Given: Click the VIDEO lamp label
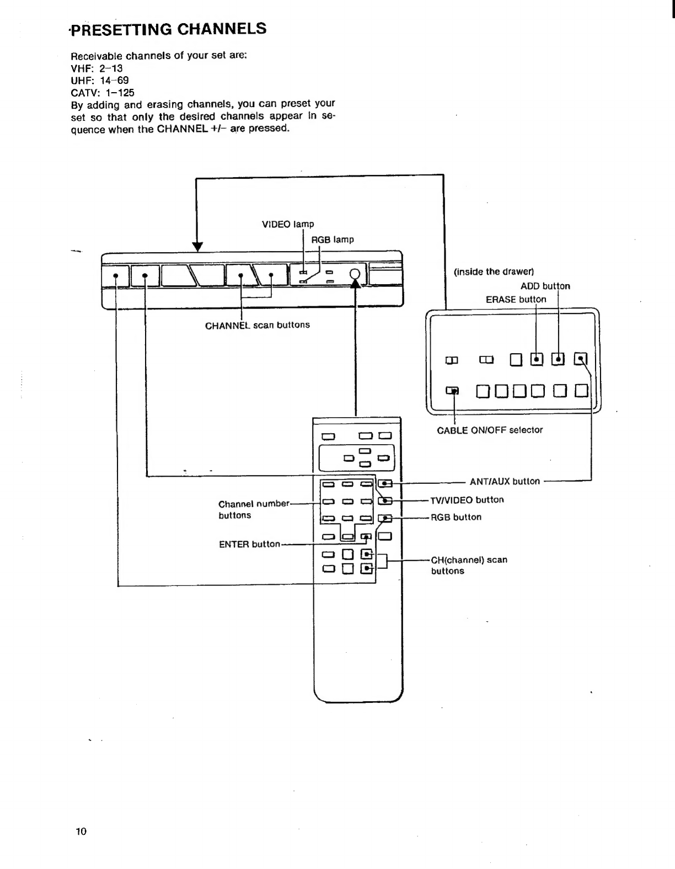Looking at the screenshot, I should coord(287,224).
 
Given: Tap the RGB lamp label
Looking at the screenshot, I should coord(333,239).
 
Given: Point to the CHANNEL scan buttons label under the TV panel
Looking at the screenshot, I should coord(257,325).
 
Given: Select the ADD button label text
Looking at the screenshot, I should coord(545,286).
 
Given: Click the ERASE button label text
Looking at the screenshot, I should coord(516,299).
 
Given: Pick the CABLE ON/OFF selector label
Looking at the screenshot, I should coord(490,430).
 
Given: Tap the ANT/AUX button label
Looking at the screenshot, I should coord(505,481).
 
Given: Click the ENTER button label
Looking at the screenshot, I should coord(249,544).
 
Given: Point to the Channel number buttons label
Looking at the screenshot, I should coord(254,509).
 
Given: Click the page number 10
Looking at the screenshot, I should coord(81,831).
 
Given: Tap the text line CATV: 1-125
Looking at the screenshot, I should coord(103,93).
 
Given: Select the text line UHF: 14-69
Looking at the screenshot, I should coord(100,81).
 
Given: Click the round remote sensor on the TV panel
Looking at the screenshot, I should coord(356,274).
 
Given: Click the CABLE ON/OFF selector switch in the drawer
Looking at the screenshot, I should coord(453,391).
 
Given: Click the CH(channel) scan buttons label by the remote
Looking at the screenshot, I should coord(469,565).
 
